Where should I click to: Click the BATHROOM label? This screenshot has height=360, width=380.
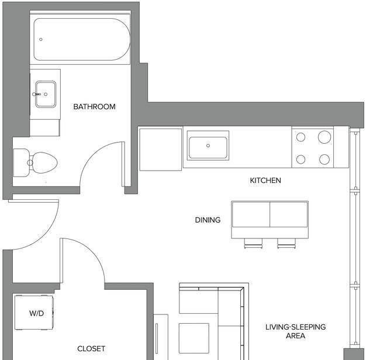94,106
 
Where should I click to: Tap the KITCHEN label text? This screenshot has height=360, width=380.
265,180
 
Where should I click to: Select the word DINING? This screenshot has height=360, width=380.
208,220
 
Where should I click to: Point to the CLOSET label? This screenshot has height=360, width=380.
91,349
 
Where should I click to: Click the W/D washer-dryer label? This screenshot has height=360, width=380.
36,313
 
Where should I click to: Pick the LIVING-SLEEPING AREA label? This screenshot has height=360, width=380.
295,331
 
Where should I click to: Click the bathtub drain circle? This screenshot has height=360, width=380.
41,39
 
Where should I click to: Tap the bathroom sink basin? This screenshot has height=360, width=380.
46,94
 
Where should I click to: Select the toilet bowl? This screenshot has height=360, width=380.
44,162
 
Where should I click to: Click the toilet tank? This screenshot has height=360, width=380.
21,162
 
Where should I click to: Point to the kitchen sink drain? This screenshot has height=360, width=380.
208,146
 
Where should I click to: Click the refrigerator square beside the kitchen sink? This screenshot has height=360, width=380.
160,150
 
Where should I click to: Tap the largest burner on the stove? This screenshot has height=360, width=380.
324,137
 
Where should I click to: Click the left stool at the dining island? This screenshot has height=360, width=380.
253,243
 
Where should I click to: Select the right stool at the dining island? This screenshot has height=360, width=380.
286,243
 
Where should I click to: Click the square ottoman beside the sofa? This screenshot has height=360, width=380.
194,338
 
